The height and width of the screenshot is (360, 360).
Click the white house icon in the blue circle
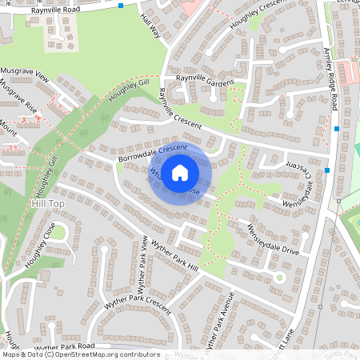point(180,172)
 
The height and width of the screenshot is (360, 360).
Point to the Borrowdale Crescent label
point(152,154)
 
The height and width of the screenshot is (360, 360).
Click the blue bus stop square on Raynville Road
point(121,6)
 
